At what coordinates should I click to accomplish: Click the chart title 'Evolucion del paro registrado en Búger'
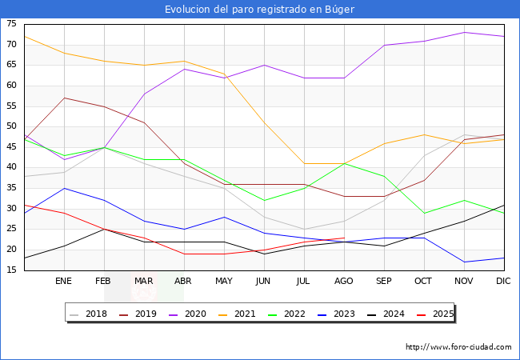(x=259, y=9)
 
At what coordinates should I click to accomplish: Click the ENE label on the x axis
(x=64, y=282)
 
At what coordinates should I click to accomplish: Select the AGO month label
(x=344, y=282)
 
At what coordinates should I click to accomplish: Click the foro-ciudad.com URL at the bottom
(x=458, y=347)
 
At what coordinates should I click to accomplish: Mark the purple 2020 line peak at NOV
(x=464, y=32)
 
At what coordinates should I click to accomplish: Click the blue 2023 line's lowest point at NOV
(x=464, y=262)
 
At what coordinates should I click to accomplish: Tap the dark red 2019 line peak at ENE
(x=64, y=98)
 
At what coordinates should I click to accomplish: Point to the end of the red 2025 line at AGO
(x=344, y=238)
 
